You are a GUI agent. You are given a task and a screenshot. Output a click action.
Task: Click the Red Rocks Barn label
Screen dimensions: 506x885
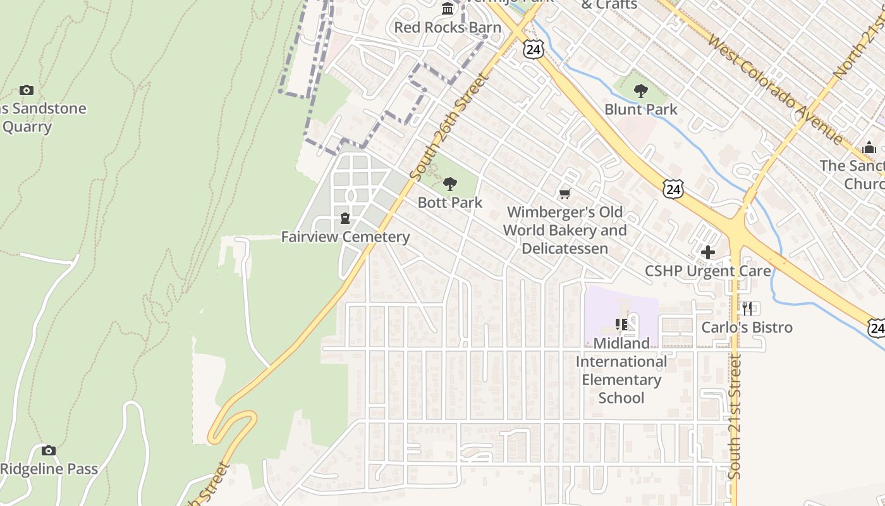tap(448, 27)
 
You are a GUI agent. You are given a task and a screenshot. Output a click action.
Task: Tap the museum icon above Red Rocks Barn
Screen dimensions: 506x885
tap(448, 8)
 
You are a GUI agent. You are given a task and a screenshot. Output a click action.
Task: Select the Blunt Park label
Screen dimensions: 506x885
tap(640, 109)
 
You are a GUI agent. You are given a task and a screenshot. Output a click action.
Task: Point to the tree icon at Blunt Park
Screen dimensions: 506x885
tap(641, 91)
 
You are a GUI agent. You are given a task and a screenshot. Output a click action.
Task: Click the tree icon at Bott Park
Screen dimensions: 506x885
tap(450, 184)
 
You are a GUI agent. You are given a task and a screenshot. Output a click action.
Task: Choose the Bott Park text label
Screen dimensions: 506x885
tap(450, 202)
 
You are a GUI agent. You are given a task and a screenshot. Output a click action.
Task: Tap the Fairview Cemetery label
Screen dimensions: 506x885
tap(345, 237)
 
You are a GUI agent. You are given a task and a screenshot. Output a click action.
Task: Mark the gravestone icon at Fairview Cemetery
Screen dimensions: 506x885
tap(345, 219)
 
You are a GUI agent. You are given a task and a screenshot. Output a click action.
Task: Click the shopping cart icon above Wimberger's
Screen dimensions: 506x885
tap(565, 194)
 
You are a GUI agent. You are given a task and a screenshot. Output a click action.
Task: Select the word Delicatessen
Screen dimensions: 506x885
tap(565, 248)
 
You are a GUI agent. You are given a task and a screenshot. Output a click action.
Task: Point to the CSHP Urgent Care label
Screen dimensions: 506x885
tap(707, 271)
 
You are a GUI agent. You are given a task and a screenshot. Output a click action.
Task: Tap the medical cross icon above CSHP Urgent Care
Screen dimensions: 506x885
tap(708, 252)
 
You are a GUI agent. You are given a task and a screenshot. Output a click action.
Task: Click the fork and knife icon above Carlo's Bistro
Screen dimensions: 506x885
tap(747, 309)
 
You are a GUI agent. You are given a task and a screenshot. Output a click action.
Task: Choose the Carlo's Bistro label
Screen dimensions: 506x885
tap(747, 327)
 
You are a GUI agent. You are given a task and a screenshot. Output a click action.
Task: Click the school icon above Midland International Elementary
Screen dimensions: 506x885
tap(621, 324)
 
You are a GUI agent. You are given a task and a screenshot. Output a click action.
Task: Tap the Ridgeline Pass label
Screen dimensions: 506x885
tap(49, 469)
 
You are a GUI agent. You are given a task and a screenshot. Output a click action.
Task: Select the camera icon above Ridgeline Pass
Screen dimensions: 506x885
tap(49, 450)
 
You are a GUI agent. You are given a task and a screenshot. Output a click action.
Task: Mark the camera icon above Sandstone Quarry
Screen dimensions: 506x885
tap(26, 90)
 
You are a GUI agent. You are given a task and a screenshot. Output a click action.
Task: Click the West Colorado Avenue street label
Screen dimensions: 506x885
tap(776, 89)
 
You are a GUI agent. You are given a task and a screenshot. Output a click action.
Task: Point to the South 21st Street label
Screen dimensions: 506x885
tap(735, 416)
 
